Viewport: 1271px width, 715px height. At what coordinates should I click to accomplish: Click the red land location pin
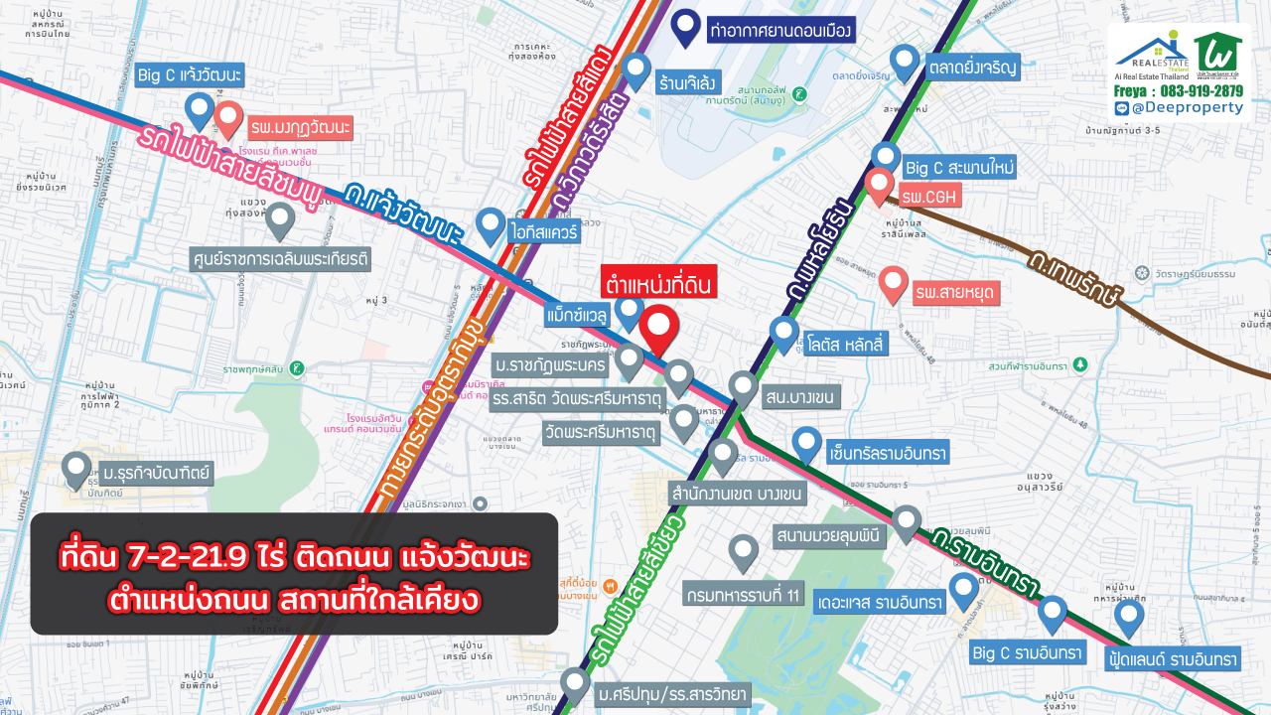[x=658, y=329]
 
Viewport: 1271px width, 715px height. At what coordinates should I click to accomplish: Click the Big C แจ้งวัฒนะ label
[x=191, y=75]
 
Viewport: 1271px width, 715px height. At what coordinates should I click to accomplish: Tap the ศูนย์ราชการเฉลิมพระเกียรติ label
[x=280, y=259]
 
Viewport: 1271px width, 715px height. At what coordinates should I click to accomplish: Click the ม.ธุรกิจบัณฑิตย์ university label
[x=156, y=472]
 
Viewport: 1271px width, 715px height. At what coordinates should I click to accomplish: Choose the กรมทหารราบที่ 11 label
[x=742, y=596]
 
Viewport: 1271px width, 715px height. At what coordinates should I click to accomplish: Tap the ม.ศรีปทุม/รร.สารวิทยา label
[x=672, y=694]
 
